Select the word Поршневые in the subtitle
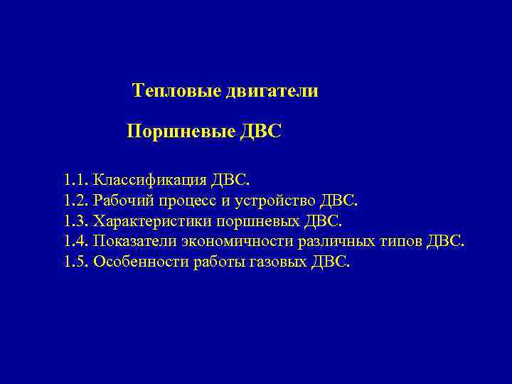tap(171, 132)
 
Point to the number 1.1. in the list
tap(75, 178)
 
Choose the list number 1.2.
tap(75, 199)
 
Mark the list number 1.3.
tap(75, 220)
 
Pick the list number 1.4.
tap(75, 241)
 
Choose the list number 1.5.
tap(75, 262)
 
